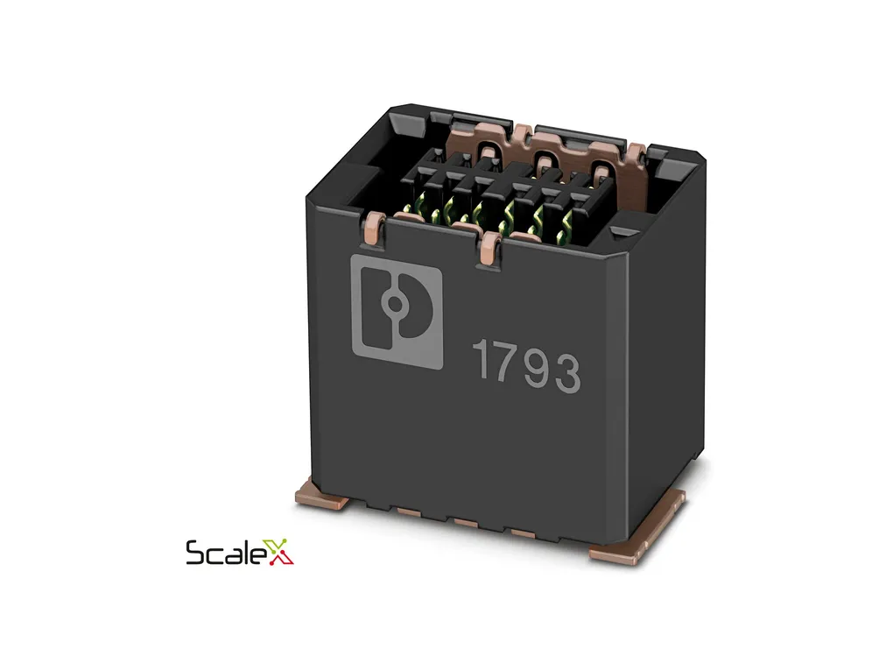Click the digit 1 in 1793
(x=482, y=360)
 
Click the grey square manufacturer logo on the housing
(x=397, y=312)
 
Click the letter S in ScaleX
(x=196, y=553)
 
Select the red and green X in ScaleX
(x=280, y=552)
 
